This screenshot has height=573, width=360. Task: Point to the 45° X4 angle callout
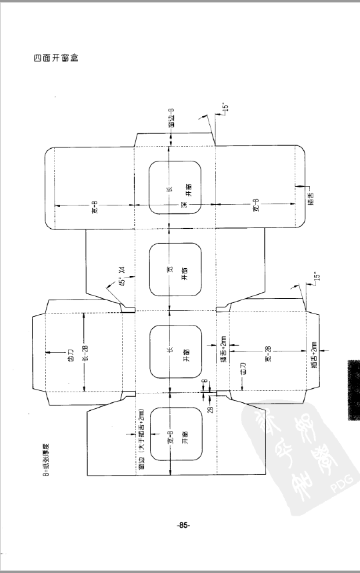click(x=121, y=275)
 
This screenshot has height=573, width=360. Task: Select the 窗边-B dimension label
click(x=172, y=117)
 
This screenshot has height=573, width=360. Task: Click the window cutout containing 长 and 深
click(x=175, y=187)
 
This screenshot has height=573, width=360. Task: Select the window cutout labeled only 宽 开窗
click(x=175, y=269)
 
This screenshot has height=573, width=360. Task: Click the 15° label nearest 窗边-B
click(x=225, y=107)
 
